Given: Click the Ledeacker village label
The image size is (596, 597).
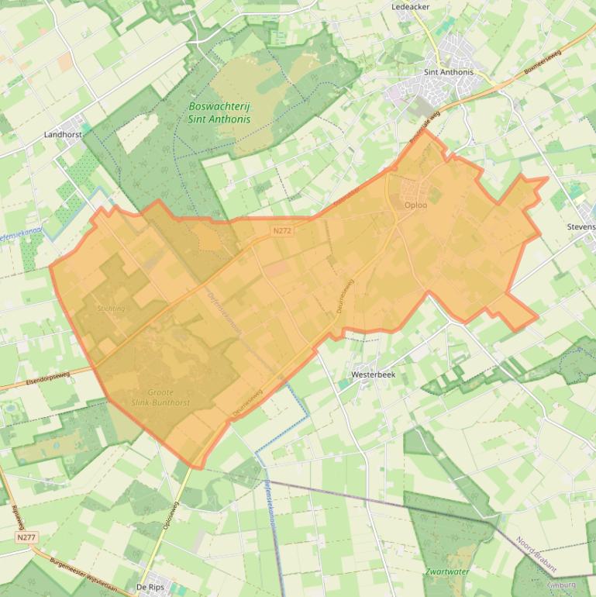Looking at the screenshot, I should tap(411, 7).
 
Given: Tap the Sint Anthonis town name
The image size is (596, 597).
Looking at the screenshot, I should tap(448, 73).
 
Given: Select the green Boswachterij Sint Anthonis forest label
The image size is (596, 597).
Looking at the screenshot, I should tap(219, 112).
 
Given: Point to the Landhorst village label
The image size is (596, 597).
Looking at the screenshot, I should tap(63, 135).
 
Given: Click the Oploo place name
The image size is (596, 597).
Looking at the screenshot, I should tap(415, 205).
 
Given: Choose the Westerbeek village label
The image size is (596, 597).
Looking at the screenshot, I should tap(373, 374).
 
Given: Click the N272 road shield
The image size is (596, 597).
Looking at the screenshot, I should tap(281, 231).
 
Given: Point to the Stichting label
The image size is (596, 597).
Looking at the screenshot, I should tap(111, 309).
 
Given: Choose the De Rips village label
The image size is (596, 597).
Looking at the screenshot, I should tap(150, 587).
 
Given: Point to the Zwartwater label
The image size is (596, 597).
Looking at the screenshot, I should tap(446, 572).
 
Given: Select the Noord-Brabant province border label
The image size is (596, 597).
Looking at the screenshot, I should tap(536, 555).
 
